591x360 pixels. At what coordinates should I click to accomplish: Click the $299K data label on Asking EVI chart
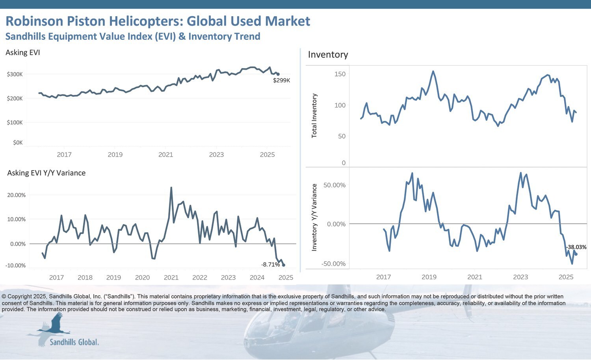(x=281, y=80)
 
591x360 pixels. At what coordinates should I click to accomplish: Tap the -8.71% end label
(x=270, y=265)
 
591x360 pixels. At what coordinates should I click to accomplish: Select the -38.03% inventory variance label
(x=576, y=247)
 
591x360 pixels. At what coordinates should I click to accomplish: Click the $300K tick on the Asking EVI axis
(x=15, y=74)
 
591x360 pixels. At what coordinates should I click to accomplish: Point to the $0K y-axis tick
(x=18, y=143)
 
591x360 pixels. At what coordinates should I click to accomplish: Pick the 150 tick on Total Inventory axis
(x=340, y=74)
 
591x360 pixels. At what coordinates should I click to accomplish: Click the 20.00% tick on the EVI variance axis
(x=16, y=195)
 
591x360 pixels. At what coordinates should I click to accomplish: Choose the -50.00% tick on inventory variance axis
(x=333, y=264)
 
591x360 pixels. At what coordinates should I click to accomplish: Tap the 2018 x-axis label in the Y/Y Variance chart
(x=85, y=278)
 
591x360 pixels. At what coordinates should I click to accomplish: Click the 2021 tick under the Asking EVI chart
(x=166, y=155)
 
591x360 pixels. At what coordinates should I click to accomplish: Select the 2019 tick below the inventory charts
(x=429, y=277)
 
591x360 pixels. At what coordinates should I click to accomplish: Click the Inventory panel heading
(x=328, y=55)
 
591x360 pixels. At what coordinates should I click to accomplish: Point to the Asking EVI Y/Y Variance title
(x=46, y=173)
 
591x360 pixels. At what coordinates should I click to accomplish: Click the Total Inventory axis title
(x=314, y=115)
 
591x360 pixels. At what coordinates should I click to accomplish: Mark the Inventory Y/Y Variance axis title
(x=314, y=217)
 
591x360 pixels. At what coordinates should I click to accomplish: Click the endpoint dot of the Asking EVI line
(x=278, y=74)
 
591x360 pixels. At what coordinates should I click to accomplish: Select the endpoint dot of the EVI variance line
(x=284, y=265)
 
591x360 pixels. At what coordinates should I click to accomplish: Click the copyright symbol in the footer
(x=4, y=297)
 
